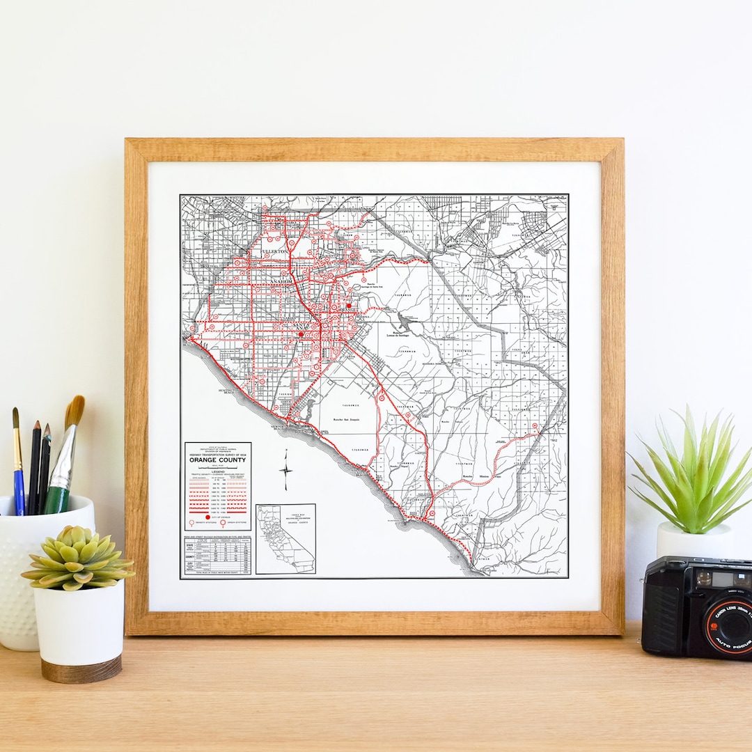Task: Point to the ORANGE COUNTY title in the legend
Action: point(217,460)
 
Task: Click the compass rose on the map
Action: point(285,470)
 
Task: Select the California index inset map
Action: point(285,539)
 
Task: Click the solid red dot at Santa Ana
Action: point(301,334)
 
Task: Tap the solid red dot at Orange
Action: point(348,305)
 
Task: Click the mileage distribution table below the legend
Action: point(217,556)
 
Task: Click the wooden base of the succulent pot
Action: point(81,670)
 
